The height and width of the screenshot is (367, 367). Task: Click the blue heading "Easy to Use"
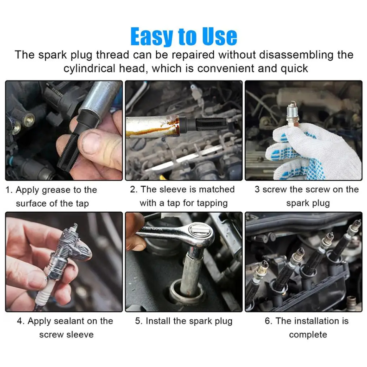point(184,36)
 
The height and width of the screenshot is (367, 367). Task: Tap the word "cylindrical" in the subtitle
point(89,69)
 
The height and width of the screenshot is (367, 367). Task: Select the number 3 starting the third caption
point(257,189)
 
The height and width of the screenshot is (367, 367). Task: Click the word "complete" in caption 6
point(308,335)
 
